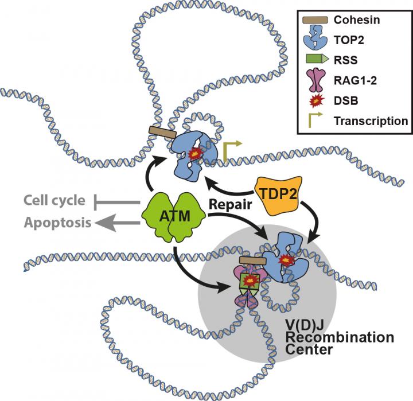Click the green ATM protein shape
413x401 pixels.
[173, 215]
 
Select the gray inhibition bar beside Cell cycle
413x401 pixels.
[118, 201]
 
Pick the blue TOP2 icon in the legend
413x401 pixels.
[313, 39]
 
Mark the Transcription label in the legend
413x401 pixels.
[371, 121]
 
